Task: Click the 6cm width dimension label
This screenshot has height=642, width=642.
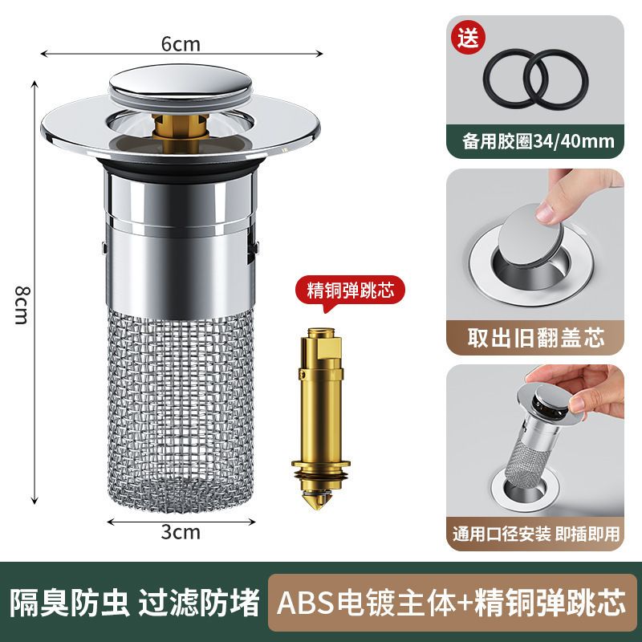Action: point(181,45)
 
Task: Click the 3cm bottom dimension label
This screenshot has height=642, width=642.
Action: point(181,531)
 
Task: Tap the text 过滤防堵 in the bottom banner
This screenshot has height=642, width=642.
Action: point(199,603)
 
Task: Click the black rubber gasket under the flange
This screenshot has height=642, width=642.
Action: point(181,170)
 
